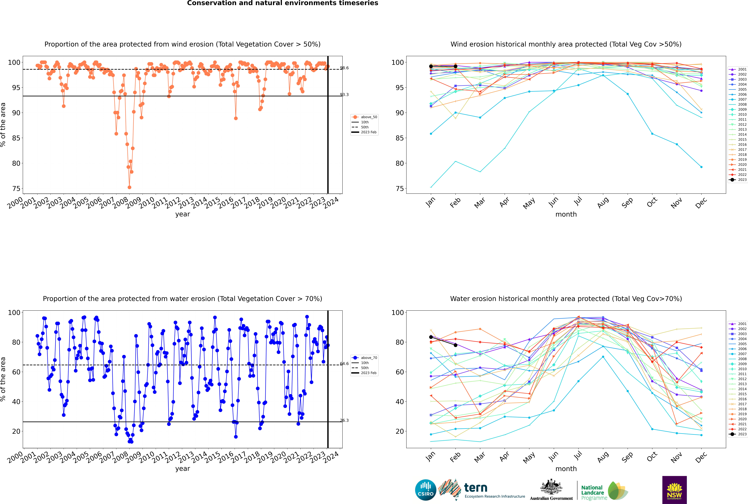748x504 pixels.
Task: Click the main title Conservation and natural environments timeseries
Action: coord(282,3)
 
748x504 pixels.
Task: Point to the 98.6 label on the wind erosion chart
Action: coord(344,68)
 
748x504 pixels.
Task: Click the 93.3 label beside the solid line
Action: coord(344,95)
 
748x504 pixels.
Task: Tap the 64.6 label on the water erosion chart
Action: coord(344,364)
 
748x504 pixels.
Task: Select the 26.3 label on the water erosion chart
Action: coord(344,420)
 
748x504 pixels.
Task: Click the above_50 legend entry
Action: coord(369,117)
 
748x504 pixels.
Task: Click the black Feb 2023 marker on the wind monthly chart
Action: coord(455,66)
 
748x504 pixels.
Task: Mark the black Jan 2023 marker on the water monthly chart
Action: coord(431,337)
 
